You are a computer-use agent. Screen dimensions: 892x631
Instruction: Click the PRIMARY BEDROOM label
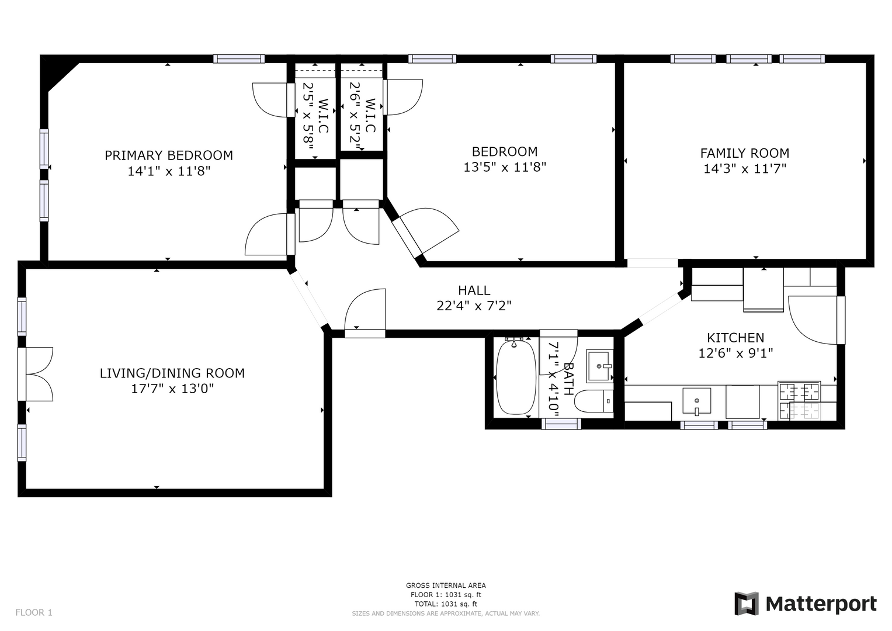[x=169, y=155]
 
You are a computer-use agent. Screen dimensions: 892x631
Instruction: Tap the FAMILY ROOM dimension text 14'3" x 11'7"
[x=745, y=169]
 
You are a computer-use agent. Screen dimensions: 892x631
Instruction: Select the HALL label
[x=474, y=290]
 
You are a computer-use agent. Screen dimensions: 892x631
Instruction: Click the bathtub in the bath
[x=516, y=377]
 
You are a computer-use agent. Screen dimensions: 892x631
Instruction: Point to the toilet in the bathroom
[x=593, y=401]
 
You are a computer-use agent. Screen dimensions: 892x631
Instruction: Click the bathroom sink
[x=600, y=366]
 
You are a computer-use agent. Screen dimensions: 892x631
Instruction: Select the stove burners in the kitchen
[x=799, y=400]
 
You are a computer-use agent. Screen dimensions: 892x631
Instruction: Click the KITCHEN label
[x=735, y=338]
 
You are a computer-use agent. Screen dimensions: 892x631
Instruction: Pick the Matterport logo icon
[x=746, y=604]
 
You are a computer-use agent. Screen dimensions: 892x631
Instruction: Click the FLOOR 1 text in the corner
[x=34, y=612]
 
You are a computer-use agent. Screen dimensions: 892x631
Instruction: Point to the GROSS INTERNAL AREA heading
[x=446, y=585]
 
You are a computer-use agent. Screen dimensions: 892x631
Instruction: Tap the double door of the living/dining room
[x=35, y=374]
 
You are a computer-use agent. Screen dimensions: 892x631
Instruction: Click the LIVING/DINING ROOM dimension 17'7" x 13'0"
[x=172, y=389]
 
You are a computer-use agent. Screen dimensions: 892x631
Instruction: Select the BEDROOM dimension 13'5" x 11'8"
[x=505, y=167]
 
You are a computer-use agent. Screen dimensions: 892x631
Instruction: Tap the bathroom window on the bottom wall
[x=561, y=425]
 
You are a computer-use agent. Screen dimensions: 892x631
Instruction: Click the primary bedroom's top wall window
[x=239, y=59]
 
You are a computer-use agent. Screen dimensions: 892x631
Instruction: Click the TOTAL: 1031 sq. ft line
[x=446, y=604]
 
